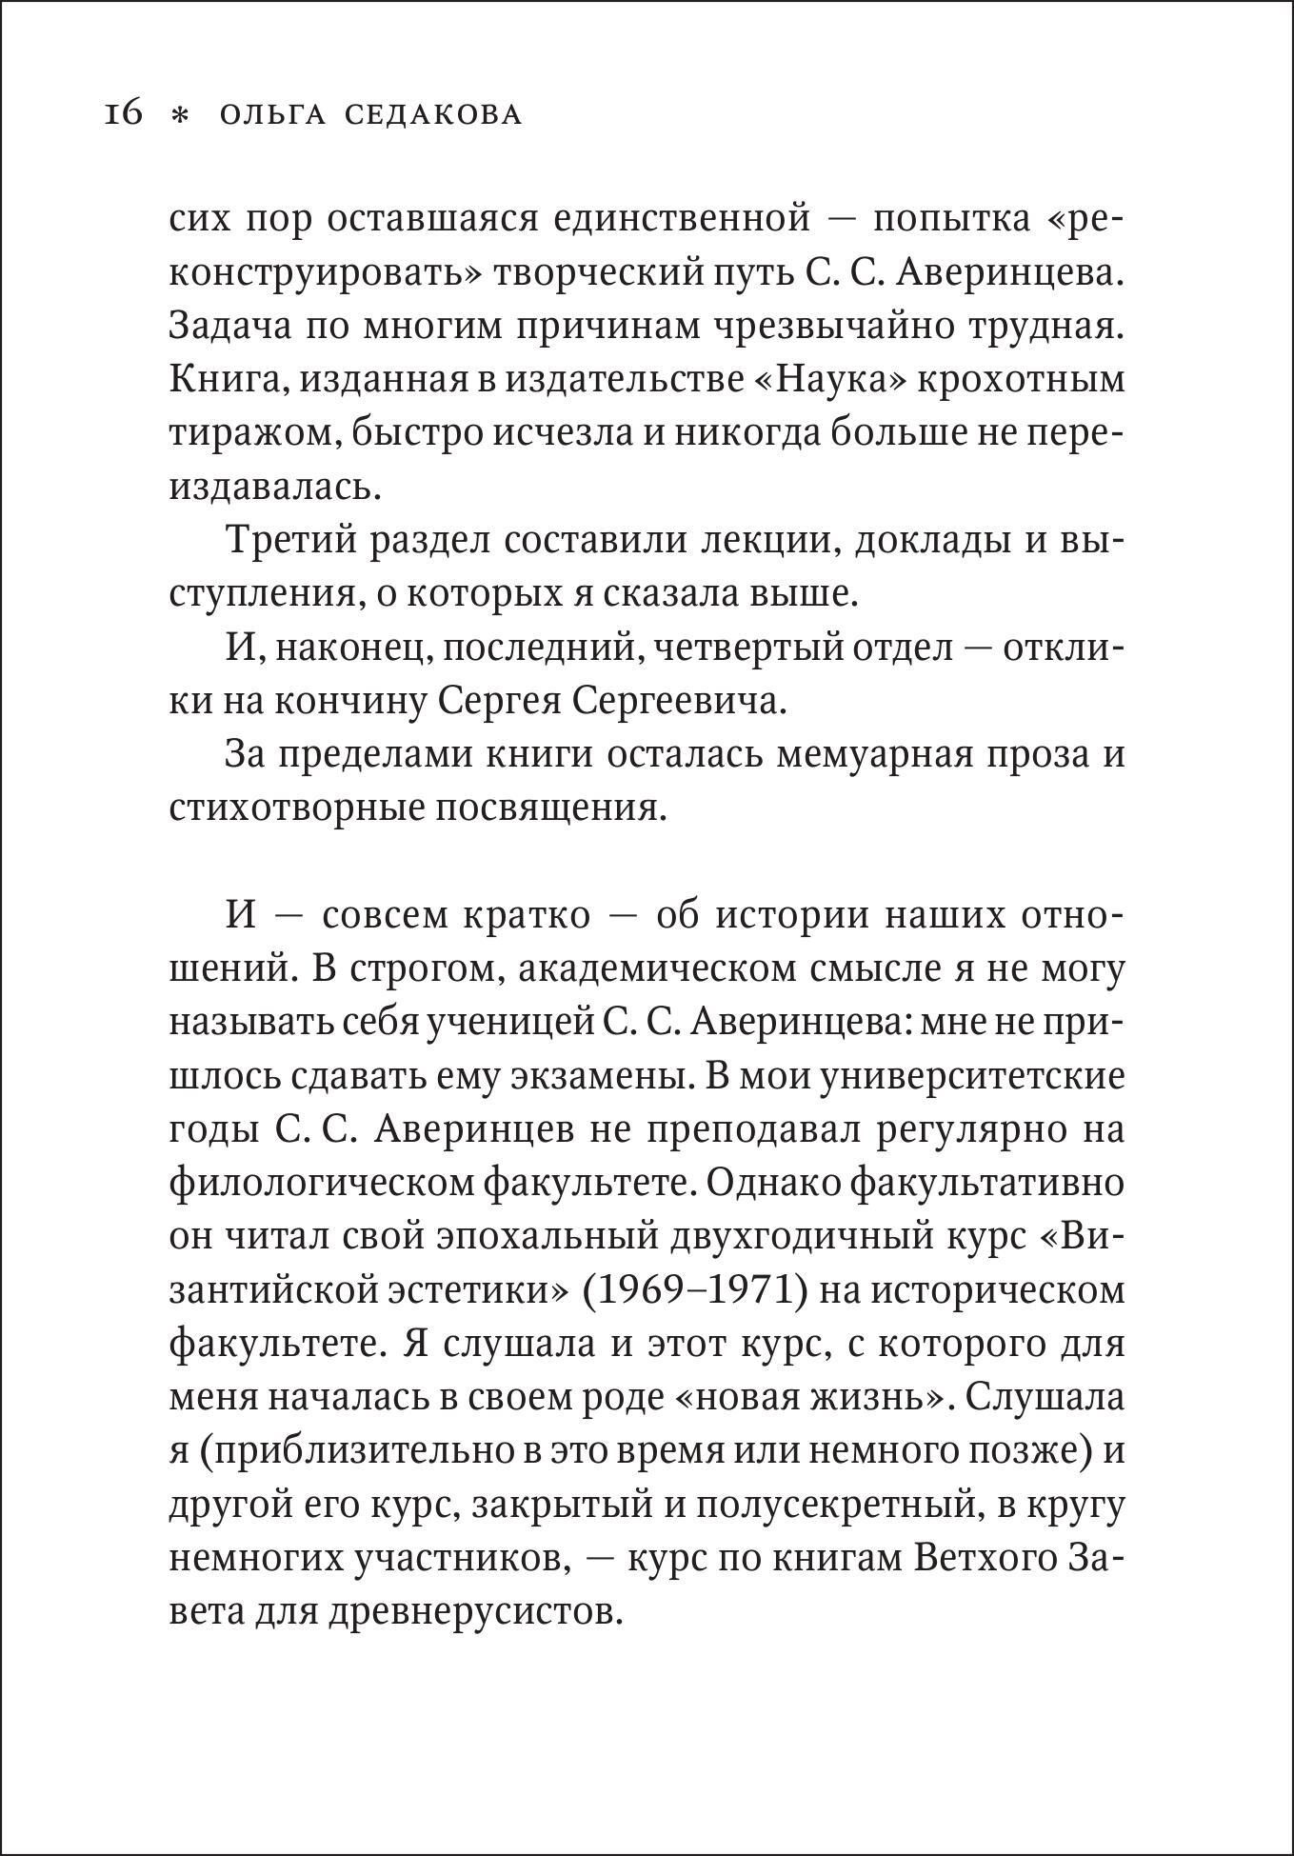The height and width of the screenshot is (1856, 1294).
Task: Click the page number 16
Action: [123, 114]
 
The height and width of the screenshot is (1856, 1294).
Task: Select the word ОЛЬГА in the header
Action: [271, 115]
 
